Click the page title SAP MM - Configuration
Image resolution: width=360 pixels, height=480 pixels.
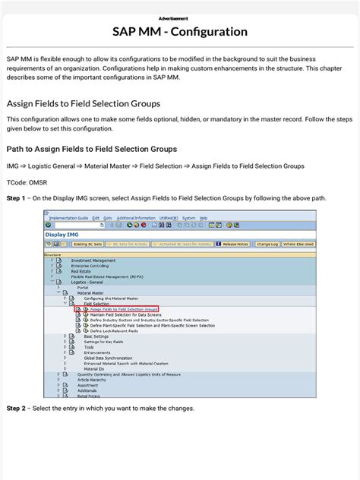[180, 32]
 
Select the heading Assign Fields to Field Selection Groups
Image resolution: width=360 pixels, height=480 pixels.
[83, 103]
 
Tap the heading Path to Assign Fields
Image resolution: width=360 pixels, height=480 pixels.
[92, 149]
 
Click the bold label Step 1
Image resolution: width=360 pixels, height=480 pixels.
[16, 197]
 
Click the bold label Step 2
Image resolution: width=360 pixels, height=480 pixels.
[16, 408]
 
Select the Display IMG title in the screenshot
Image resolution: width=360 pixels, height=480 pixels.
[62, 234]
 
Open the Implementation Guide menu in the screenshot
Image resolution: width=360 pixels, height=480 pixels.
[68, 218]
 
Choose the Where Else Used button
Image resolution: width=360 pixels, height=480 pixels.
[298, 245]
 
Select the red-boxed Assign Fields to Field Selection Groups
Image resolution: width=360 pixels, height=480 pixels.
[124, 309]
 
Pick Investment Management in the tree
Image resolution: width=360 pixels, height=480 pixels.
[93, 261]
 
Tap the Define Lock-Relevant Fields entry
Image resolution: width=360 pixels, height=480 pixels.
[115, 330]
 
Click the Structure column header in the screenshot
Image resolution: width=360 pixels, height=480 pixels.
[52, 254]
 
